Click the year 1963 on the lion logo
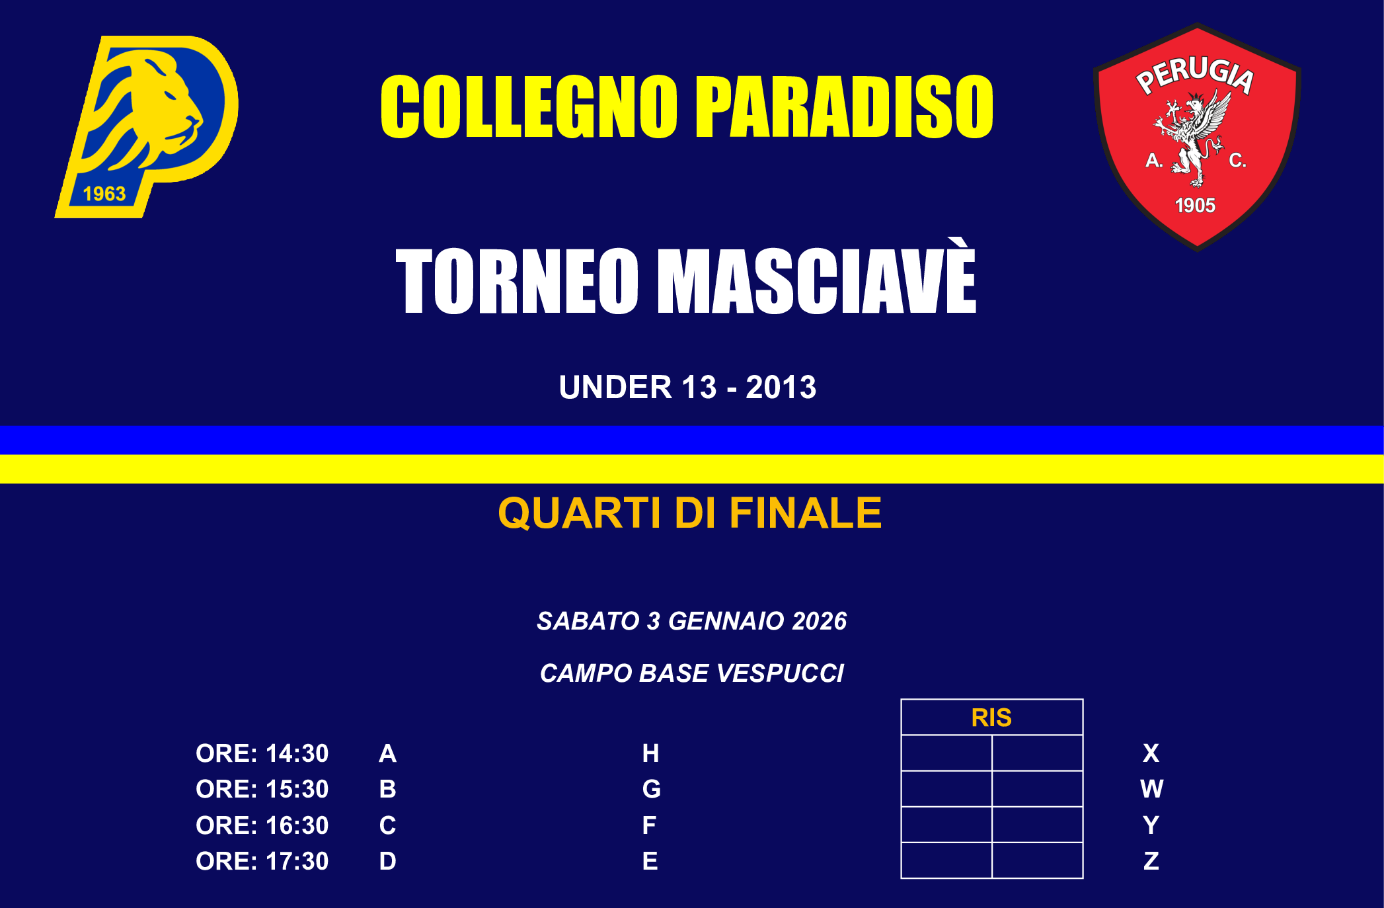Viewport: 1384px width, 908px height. (104, 194)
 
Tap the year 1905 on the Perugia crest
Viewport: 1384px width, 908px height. (1195, 206)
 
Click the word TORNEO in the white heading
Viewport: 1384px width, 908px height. (516, 281)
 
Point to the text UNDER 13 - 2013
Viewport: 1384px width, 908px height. (687, 388)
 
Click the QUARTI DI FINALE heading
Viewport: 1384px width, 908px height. (689, 513)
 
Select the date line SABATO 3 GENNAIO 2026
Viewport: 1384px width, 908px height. (691, 621)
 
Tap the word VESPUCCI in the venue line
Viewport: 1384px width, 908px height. (780, 673)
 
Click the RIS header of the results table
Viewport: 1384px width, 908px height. (991, 718)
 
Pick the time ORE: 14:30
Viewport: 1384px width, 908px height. (262, 753)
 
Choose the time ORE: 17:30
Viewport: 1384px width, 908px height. (262, 861)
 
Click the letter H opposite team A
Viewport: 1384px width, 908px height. (650, 753)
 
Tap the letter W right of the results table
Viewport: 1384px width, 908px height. (1151, 789)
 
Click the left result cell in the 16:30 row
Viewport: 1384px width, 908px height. (946, 825)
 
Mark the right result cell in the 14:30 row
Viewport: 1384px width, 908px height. (1037, 753)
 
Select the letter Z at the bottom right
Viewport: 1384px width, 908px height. (1151, 861)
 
